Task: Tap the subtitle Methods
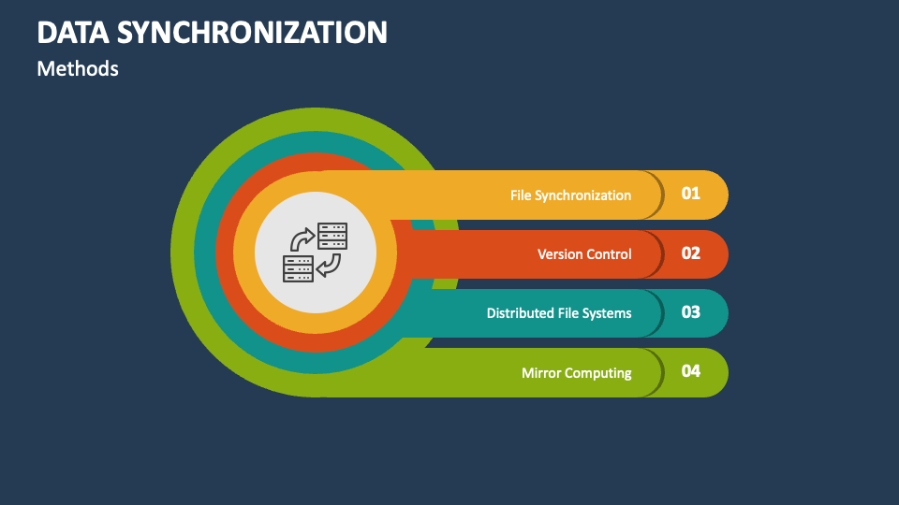coord(78,68)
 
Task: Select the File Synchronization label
coord(570,195)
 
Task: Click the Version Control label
coord(584,254)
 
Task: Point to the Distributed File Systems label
coord(559,313)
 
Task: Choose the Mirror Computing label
coord(576,373)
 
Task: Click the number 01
coord(691,194)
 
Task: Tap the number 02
coord(691,253)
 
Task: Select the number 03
coord(691,312)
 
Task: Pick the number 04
coord(691,371)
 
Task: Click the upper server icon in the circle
coord(332,236)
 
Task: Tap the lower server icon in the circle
coord(298,269)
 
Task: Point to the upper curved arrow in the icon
coord(302,238)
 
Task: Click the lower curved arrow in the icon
coord(329,267)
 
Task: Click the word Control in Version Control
coord(609,254)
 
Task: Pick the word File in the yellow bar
coord(522,195)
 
